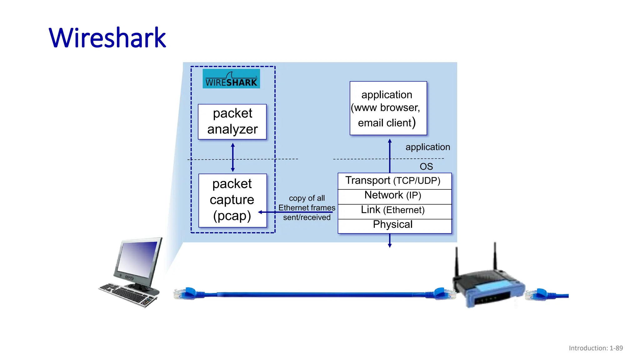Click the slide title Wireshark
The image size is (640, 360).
click(107, 38)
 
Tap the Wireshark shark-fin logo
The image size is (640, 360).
click(231, 79)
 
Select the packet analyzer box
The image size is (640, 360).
click(232, 122)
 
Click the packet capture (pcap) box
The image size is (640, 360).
click(232, 200)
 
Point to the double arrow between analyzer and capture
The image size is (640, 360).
click(233, 157)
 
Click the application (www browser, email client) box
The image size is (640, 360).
click(388, 108)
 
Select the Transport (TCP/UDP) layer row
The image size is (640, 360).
click(394, 181)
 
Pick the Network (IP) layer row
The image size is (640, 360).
click(394, 196)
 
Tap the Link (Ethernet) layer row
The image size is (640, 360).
click(394, 210)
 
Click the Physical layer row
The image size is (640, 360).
click(394, 225)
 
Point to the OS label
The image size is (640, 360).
click(426, 167)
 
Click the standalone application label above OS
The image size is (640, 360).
click(427, 147)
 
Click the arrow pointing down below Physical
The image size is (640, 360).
click(390, 241)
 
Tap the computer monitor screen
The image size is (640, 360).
click(137, 258)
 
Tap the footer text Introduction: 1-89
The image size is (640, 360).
click(596, 348)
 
